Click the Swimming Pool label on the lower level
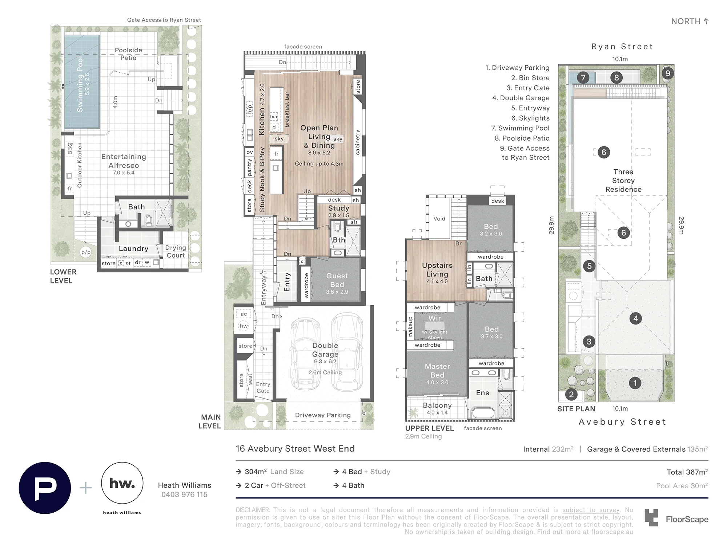pyautogui.click(x=80, y=84)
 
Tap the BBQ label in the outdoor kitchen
pyautogui.click(x=70, y=149)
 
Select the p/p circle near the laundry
pyautogui.click(x=86, y=252)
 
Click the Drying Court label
pyautogui.click(x=176, y=251)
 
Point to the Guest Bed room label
pyautogui.click(x=337, y=280)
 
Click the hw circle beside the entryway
pyautogui.click(x=244, y=326)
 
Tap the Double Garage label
pyautogui.click(x=325, y=350)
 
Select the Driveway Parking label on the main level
pyautogui.click(x=323, y=415)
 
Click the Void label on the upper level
pyautogui.click(x=439, y=219)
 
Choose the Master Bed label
pyautogui.click(x=437, y=371)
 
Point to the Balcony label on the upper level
pyautogui.click(x=437, y=405)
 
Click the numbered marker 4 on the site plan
pyautogui.click(x=635, y=319)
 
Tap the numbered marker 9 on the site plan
pyautogui.click(x=668, y=73)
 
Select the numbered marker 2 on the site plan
pyautogui.click(x=571, y=394)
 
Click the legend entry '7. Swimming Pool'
pyautogui.click(x=520, y=128)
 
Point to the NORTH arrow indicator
pyautogui.click(x=706, y=21)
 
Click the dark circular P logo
pyautogui.click(x=45, y=488)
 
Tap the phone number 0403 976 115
pyautogui.click(x=185, y=494)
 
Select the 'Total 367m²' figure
pyautogui.click(x=687, y=472)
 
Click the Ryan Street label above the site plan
pyautogui.click(x=622, y=47)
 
